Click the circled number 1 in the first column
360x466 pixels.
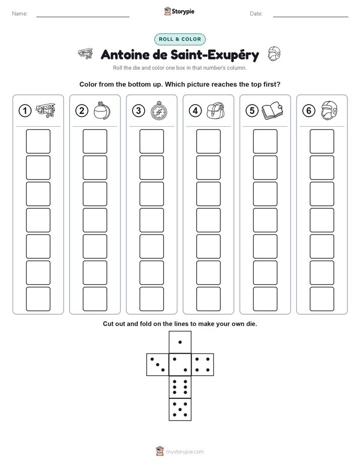[25, 111]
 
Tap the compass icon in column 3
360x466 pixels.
[159, 110]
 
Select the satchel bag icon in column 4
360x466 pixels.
[215, 110]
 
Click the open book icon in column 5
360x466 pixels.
[272, 111]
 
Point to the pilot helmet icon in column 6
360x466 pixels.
[329, 110]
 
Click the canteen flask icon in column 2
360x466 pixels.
[102, 110]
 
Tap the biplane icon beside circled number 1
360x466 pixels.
[45, 110]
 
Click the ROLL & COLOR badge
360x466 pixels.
[179, 39]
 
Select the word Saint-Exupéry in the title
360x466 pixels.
[215, 55]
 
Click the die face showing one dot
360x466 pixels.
[180, 342]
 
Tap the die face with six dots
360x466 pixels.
[180, 387]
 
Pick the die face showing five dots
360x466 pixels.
[180, 409]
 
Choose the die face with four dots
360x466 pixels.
[202, 365]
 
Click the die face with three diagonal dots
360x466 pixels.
[158, 365]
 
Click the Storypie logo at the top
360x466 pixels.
[179, 12]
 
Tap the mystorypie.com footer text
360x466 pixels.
[185, 452]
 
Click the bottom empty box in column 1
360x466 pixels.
[38, 299]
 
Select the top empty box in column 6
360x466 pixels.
[322, 141]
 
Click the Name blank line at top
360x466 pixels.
[83, 17]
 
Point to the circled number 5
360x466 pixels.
[252, 111]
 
